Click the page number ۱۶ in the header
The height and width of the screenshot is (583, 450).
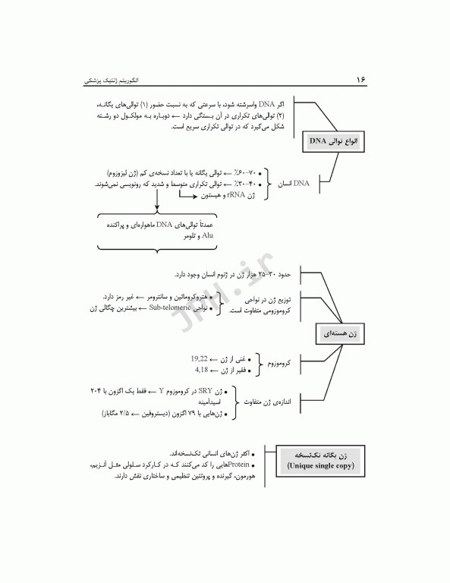[x=360, y=80]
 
